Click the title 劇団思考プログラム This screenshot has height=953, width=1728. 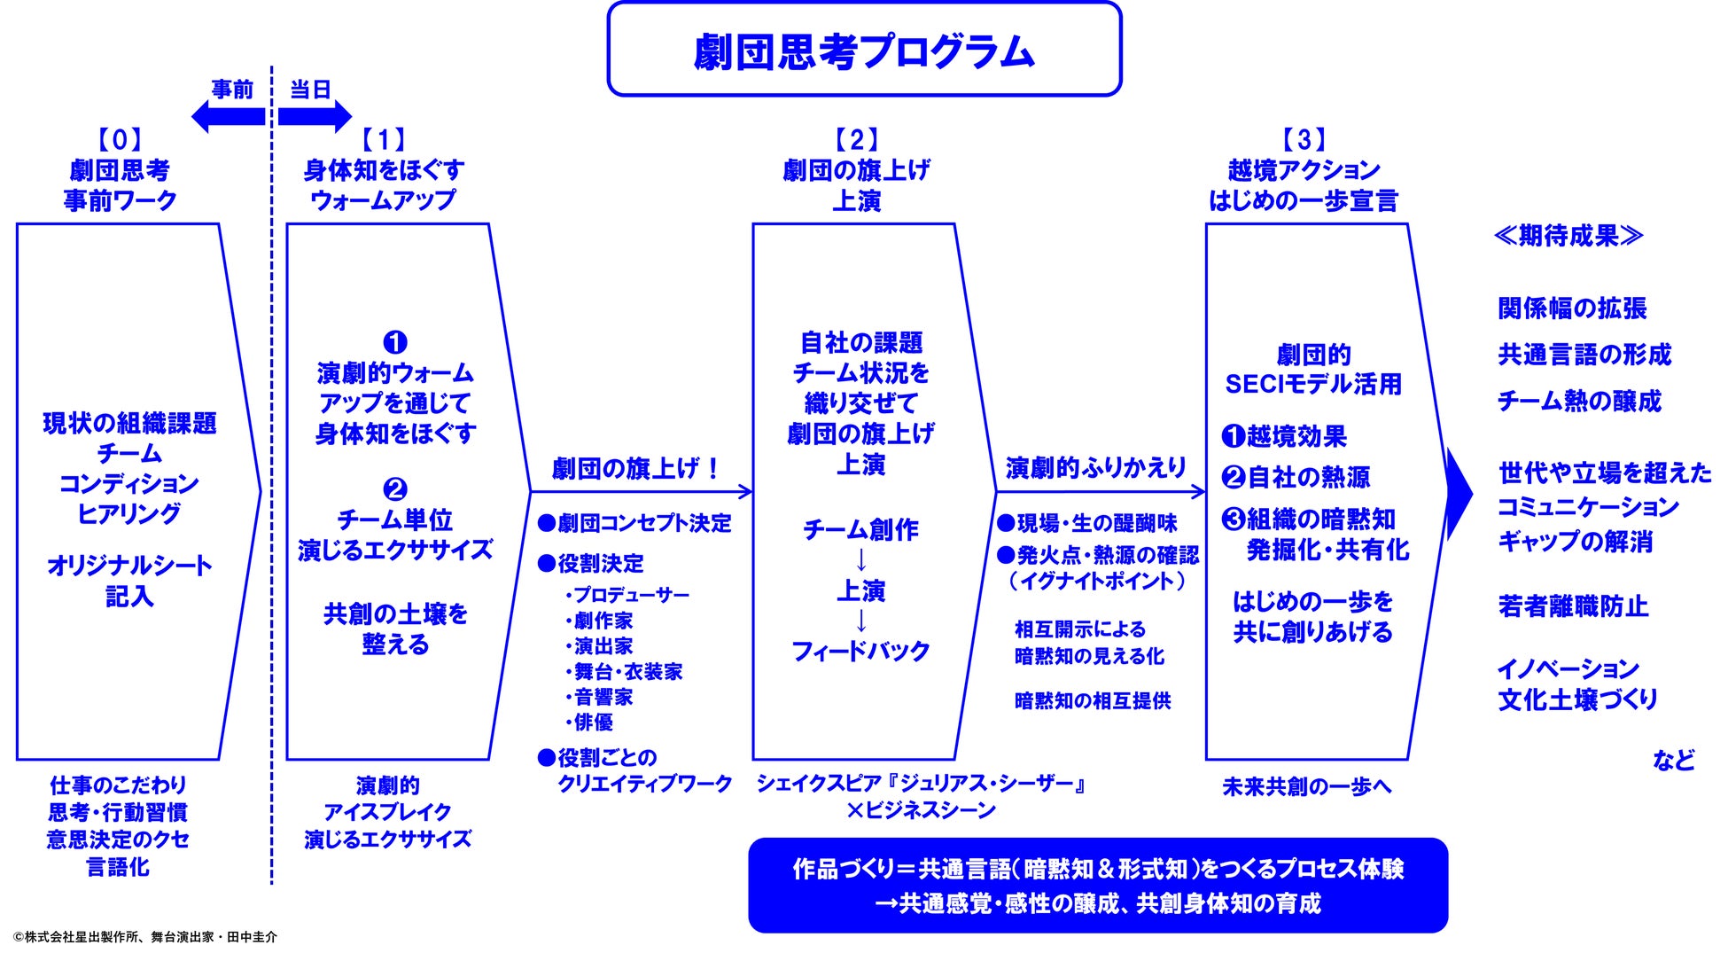pos(864,51)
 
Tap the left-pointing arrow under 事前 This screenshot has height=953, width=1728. pos(228,116)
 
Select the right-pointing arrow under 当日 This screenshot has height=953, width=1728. pos(315,116)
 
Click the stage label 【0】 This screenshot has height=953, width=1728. pos(120,139)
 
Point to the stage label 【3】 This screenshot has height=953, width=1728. pos(1304,139)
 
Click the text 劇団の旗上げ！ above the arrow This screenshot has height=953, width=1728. pos(636,468)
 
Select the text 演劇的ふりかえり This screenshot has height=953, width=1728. pos(1095,467)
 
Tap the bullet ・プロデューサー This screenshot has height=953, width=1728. pos(627,595)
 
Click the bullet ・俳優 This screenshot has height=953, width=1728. pos(590,723)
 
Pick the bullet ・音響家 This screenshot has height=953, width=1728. pos(600,697)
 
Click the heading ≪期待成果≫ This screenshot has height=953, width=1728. pos(1568,236)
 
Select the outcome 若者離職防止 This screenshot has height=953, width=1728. pos(1573,606)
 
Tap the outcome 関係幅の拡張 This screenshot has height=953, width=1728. pos(1572,309)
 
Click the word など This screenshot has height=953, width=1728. pos(1673,760)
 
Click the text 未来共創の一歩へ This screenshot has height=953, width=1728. pos(1306,786)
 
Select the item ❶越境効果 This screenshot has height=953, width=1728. pos(1284,436)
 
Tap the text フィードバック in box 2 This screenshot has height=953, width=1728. pos(860,652)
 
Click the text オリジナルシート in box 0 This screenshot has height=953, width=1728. pos(129,566)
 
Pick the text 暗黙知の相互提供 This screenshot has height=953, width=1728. pos(1093,701)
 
